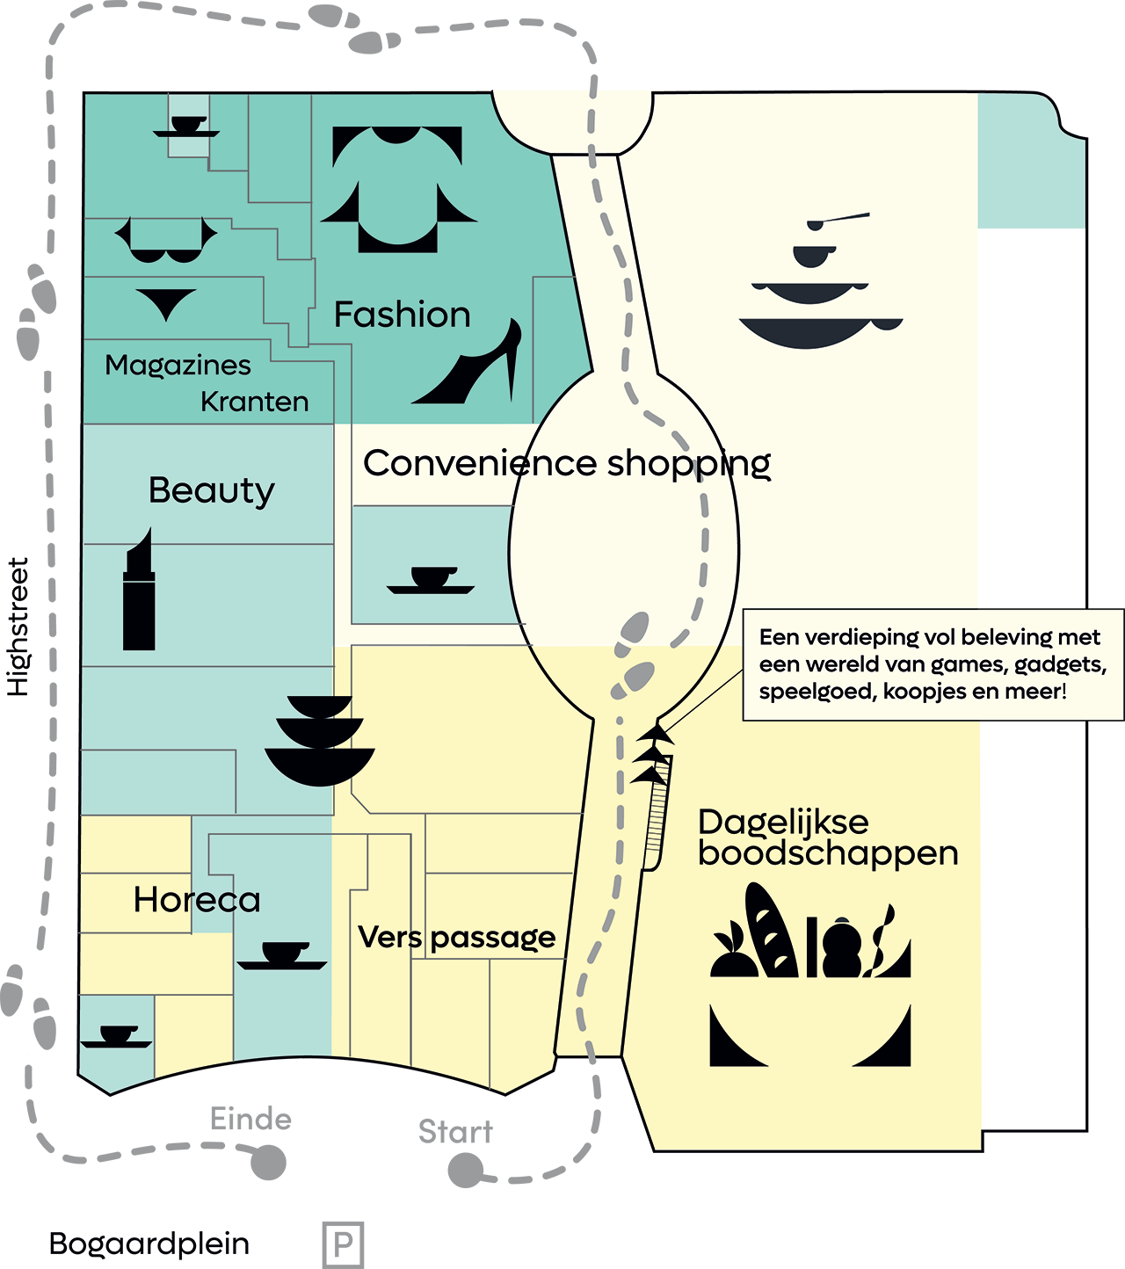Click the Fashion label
point(403,315)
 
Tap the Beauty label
point(212,491)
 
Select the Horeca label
point(197,900)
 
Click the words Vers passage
point(457,938)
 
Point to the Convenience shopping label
point(567,464)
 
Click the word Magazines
point(178,366)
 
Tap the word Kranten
point(254,402)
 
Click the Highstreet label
point(18,627)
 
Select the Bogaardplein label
point(149,1244)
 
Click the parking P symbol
point(343,1244)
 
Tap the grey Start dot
point(466,1170)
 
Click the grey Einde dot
point(268,1163)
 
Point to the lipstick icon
point(139,590)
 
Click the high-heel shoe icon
point(467,361)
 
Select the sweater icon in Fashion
point(398,189)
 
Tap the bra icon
point(166,240)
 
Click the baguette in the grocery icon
point(771,930)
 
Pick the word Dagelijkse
point(783,823)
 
